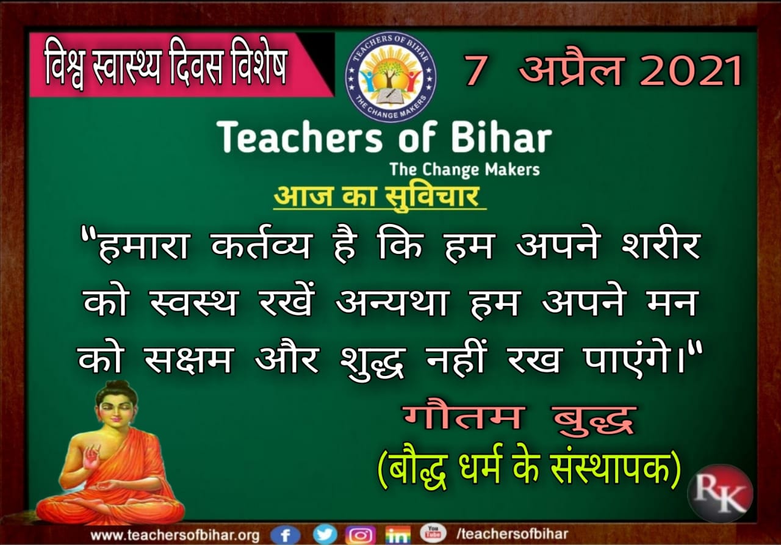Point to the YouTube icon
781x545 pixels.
pyautogui.click(x=433, y=533)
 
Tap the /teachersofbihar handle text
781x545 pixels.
pyautogui.click(x=512, y=534)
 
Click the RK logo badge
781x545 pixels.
pyautogui.click(x=721, y=493)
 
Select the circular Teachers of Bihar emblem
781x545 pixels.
pyautogui.click(x=390, y=78)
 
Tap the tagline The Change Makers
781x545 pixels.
pyautogui.click(x=465, y=170)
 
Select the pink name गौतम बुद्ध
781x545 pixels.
pyautogui.click(x=519, y=419)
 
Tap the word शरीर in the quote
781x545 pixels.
pyautogui.click(x=661, y=245)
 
